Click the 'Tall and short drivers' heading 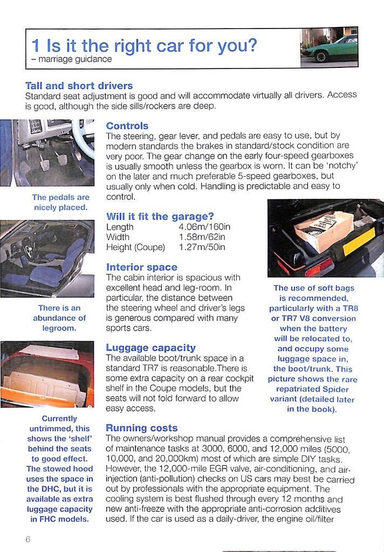pos(79,86)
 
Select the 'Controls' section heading pos(127,126)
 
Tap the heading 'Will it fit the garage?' pos(160,216)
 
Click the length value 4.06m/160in pos(204,227)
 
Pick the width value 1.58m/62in pos(202,237)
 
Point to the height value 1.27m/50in pos(202,247)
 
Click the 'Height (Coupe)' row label pos(135,247)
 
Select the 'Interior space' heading pos(142,267)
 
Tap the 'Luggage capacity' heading pos(151,348)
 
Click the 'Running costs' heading pos(142,428)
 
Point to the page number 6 pos(28,539)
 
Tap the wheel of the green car pos(321,57)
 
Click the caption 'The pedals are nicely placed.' pos(60,203)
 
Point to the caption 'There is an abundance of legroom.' pos(59,318)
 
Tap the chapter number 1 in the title pos(36,46)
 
